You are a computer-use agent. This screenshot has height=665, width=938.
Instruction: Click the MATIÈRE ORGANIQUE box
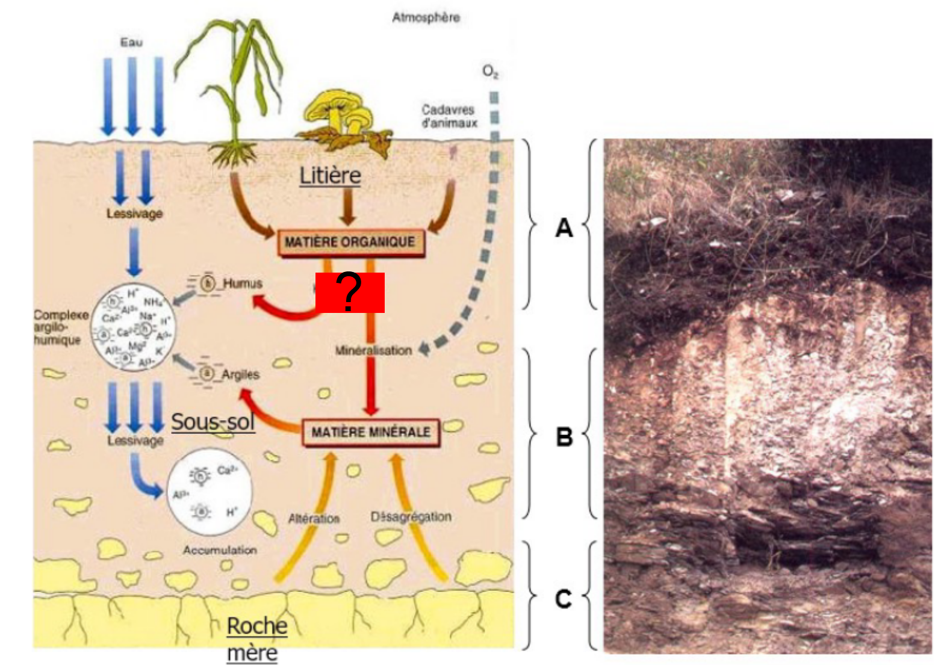coord(350,242)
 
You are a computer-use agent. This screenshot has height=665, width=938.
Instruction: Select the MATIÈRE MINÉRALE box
coord(370,431)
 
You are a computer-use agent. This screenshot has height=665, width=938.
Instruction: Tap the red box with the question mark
coord(350,292)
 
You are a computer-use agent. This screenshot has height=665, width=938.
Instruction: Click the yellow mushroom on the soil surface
coord(337,111)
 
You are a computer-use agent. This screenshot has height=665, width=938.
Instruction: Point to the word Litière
coord(330,175)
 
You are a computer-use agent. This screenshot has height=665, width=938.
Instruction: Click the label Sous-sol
coord(213,422)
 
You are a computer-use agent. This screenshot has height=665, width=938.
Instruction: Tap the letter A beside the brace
coord(564,227)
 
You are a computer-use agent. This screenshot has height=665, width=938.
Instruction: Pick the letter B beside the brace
coord(564,436)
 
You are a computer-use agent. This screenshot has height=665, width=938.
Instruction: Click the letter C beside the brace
coord(563,599)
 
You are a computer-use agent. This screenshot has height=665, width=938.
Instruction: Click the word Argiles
coord(240,374)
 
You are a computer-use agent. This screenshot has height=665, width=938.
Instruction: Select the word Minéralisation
coord(373,350)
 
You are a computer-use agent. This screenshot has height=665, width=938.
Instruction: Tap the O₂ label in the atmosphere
coord(490,72)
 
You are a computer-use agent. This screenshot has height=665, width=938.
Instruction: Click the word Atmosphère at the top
coord(426,17)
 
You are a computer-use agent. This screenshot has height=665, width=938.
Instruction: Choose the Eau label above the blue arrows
coord(131,42)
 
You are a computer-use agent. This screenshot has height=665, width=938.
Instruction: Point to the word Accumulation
coord(220,549)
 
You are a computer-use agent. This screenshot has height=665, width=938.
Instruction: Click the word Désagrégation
coord(411,516)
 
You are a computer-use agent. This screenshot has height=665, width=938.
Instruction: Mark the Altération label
coord(314,518)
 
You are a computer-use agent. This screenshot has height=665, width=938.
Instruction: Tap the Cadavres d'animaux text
coord(449,116)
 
